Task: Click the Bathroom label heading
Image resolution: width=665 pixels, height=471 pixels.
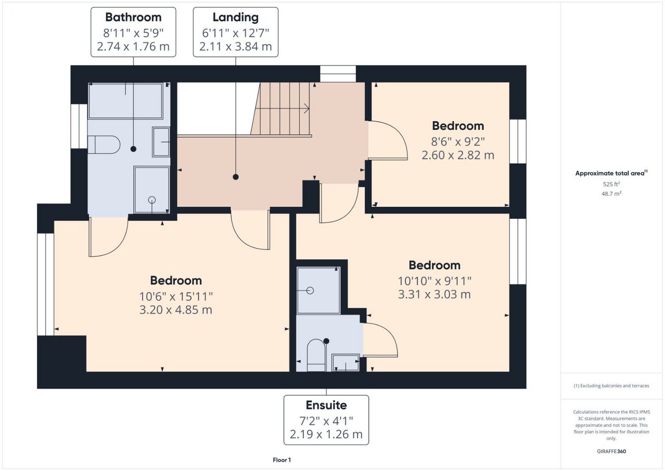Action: pos(134,17)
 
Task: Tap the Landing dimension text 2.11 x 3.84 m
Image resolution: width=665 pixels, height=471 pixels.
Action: pos(235,47)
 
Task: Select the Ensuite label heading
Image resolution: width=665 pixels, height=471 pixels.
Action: pos(326,405)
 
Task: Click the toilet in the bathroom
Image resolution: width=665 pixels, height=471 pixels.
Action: pos(104,145)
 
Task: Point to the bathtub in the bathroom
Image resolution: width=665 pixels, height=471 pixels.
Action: pos(126,101)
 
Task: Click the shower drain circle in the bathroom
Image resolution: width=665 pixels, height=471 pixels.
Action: pos(152,200)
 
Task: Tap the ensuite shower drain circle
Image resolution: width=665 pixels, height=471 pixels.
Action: pos(310,291)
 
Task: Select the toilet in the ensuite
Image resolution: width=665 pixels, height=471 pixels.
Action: pos(317,355)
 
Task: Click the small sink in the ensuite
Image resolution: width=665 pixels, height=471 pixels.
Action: pos(345,362)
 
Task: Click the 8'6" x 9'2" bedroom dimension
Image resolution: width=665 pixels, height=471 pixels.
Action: pos(458,142)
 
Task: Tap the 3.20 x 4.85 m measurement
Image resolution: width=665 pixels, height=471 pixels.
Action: pos(176,310)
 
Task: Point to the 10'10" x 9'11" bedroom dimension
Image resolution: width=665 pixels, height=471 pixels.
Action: pos(434,281)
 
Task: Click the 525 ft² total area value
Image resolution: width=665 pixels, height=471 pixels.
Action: pos(611,184)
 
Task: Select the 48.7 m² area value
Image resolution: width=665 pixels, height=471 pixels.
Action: pos(611,193)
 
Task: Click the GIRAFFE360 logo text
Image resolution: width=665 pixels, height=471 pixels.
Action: pos(611,451)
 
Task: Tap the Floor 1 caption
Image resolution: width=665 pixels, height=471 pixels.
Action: pos(282,460)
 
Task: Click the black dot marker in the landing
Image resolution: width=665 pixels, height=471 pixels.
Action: pos(236,177)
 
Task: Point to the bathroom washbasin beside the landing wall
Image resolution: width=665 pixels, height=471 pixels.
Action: pos(161,142)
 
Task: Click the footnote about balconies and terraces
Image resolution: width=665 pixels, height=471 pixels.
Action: pos(611,386)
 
